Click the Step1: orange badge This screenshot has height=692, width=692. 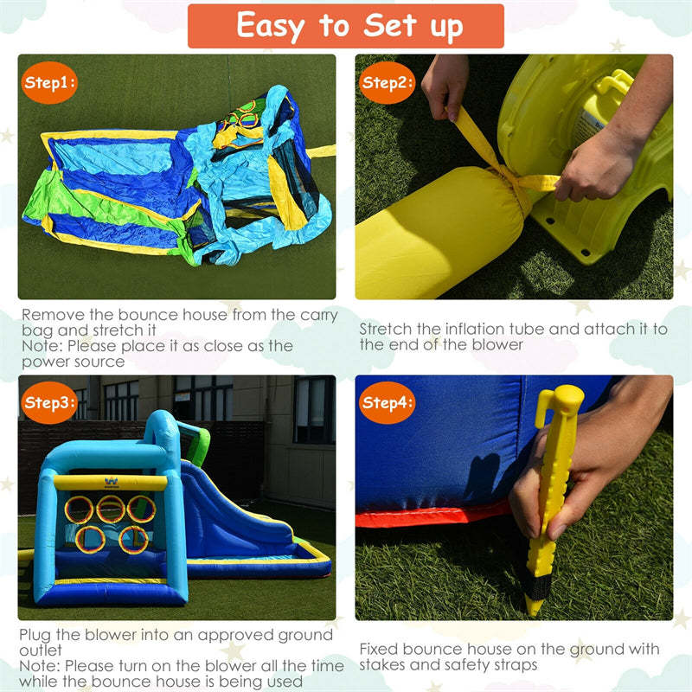(x=49, y=82)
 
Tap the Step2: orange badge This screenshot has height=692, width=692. (x=387, y=82)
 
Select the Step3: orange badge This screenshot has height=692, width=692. (x=49, y=402)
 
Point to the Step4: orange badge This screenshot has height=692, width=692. (x=387, y=402)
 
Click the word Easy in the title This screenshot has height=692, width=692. (x=271, y=27)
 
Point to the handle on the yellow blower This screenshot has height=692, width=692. (x=614, y=84)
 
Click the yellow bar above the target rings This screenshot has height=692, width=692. (x=111, y=483)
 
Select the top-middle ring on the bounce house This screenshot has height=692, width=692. (x=111, y=509)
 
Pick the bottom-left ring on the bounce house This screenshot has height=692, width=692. (x=90, y=539)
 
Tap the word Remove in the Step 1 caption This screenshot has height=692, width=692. (x=53, y=315)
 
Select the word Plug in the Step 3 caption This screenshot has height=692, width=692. (x=35, y=636)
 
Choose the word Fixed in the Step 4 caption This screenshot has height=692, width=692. (x=379, y=650)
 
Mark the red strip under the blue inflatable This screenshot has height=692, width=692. (x=432, y=515)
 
